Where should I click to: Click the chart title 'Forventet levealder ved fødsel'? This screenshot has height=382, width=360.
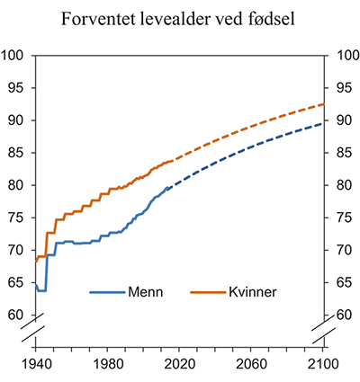pos(180,18)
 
